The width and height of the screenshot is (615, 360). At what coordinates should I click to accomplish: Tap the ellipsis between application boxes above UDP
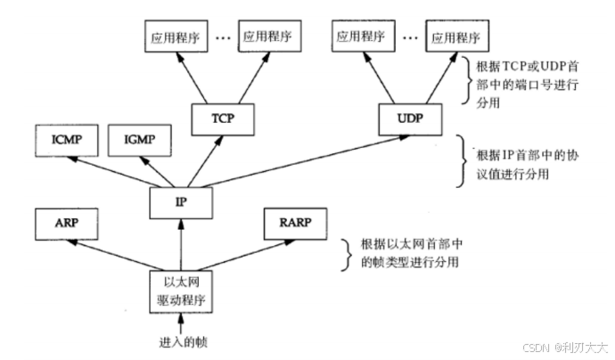(410, 37)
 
